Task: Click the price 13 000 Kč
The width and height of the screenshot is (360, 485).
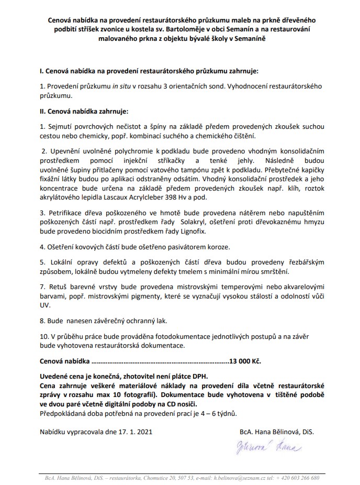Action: tap(245, 361)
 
